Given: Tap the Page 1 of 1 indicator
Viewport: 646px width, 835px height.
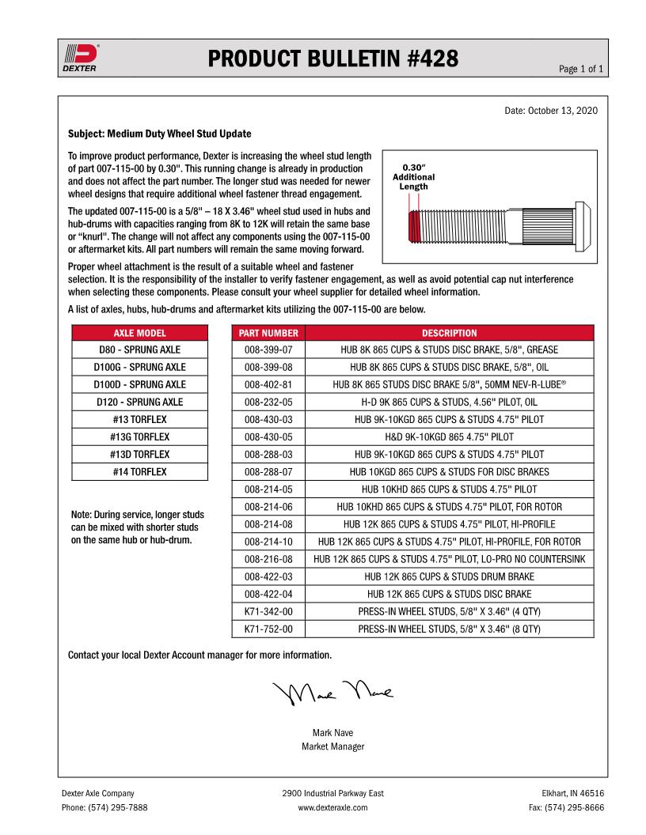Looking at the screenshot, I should [x=582, y=70].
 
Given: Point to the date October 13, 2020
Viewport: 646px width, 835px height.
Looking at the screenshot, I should [x=551, y=110].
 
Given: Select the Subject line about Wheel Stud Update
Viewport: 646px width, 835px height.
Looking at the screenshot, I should [x=160, y=134].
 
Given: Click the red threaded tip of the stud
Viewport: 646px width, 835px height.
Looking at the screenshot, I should [x=412, y=226].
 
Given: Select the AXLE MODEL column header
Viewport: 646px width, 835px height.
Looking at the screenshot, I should [x=139, y=333].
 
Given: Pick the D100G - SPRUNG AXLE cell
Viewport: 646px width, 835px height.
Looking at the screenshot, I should [x=139, y=367].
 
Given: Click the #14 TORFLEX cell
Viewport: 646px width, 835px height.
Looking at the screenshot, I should [x=139, y=472].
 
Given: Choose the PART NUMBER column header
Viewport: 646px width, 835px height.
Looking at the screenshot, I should [x=268, y=333].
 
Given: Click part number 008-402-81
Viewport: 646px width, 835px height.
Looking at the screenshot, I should [x=268, y=384].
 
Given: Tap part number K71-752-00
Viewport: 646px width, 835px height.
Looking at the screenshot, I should [x=268, y=629].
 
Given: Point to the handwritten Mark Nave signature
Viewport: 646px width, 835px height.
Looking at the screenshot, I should [x=333, y=693].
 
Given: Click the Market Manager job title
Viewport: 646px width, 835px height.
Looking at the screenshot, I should [x=332, y=746].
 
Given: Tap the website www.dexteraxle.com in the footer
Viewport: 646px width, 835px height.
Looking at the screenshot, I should [x=332, y=807].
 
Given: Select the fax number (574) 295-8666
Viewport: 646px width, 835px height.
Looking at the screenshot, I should [x=566, y=807].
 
